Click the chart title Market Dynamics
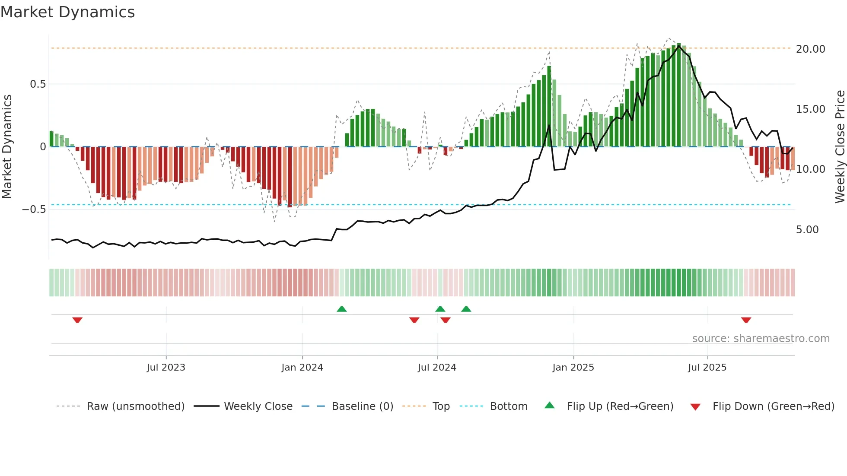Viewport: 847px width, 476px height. [x=67, y=12]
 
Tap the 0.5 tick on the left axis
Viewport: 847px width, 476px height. [x=38, y=84]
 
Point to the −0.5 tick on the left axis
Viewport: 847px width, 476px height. [x=34, y=209]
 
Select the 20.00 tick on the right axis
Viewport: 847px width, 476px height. [x=810, y=49]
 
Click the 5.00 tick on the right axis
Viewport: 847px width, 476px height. [x=807, y=230]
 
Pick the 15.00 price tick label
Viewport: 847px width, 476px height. [x=810, y=109]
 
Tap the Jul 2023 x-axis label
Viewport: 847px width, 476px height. [x=166, y=368]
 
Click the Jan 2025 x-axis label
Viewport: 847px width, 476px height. [x=573, y=368]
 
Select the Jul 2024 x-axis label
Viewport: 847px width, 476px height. [x=436, y=368]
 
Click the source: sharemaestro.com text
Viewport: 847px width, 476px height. [x=761, y=339]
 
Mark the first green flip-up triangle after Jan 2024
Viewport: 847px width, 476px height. [x=341, y=309]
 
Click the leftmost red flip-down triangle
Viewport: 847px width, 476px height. [x=77, y=320]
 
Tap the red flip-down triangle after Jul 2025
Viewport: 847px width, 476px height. [x=746, y=320]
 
